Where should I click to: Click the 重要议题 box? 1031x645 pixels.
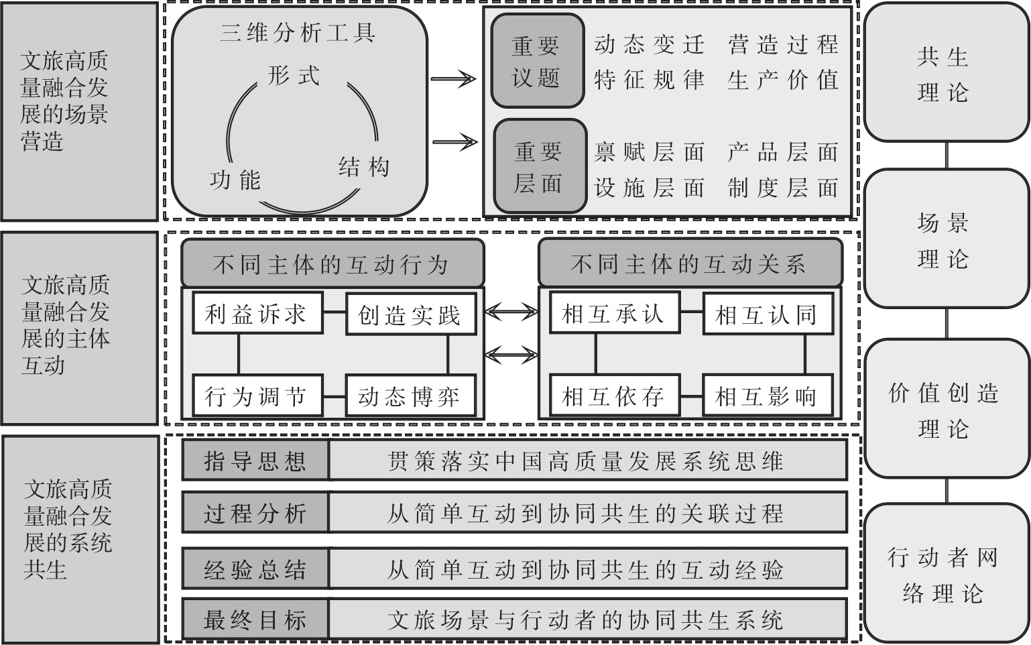coord(538,61)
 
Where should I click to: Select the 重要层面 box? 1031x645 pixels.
coord(540,166)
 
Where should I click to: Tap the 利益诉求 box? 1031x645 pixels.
coord(257,312)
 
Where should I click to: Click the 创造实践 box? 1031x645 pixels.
coord(410,314)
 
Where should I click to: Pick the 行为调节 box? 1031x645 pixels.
coord(257,396)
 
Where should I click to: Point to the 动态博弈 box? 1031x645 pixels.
coord(410,396)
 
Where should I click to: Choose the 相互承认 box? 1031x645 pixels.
coord(615,312)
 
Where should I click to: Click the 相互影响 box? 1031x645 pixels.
coord(768,396)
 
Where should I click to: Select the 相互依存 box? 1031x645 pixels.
coord(615,396)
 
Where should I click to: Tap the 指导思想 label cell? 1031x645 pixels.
coord(255,460)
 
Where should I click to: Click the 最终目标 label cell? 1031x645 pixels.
coord(255,619)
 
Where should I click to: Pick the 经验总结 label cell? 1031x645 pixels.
coord(255,568)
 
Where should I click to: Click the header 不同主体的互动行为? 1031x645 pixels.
coord(332,263)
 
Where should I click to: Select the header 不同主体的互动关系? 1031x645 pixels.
coord(690,263)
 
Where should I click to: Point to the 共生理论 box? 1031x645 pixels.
coord(946,72)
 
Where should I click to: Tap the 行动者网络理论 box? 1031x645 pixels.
coord(946,573)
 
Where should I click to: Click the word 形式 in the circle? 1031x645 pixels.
coord(294,75)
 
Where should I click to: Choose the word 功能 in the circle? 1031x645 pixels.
coord(235,180)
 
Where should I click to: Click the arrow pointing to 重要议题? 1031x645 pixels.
coord(453,79)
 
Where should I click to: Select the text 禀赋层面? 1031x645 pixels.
coord(649,152)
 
